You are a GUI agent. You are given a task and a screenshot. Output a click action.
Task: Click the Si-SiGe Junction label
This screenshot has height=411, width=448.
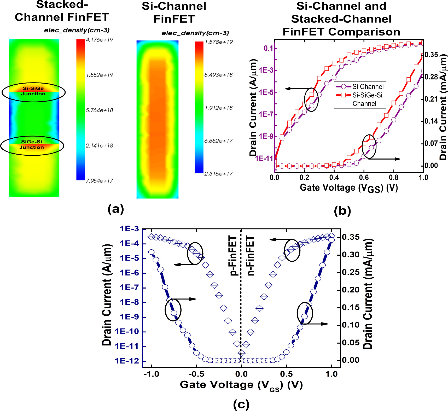click(33, 91)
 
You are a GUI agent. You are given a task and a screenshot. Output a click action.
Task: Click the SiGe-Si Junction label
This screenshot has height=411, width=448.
click(32, 144)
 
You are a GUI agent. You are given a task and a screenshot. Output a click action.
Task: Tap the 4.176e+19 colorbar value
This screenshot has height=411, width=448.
click(99, 40)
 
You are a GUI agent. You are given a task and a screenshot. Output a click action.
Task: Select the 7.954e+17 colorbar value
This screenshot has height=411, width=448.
click(99, 181)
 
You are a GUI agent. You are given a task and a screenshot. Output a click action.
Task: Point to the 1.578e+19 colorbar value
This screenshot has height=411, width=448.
click(218, 42)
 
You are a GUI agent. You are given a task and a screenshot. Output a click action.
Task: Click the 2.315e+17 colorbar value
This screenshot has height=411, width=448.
click(218, 174)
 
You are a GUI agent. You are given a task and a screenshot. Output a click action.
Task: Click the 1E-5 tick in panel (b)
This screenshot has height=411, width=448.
click(266, 92)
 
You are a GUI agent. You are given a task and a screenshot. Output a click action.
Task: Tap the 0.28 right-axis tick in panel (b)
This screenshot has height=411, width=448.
click(431, 77)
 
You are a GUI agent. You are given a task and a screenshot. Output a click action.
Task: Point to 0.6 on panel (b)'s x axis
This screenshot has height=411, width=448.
click(364, 178)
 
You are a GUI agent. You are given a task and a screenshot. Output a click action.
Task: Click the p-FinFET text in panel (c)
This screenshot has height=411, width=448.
click(233, 256)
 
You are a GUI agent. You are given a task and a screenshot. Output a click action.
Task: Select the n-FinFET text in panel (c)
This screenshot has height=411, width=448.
click(250, 256)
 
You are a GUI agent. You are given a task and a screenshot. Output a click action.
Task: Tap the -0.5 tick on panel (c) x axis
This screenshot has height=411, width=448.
click(196, 374)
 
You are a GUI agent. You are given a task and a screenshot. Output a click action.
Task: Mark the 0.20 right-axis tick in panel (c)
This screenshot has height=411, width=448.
click(351, 290)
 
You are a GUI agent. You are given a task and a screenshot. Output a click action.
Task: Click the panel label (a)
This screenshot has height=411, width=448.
click(116, 209)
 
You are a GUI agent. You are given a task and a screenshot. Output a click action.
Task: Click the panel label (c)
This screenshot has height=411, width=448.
click(241, 404)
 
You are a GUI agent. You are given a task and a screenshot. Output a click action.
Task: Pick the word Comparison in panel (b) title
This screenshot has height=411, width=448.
click(364, 32)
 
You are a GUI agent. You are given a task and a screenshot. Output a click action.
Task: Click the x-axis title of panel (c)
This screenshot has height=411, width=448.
click(241, 385)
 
